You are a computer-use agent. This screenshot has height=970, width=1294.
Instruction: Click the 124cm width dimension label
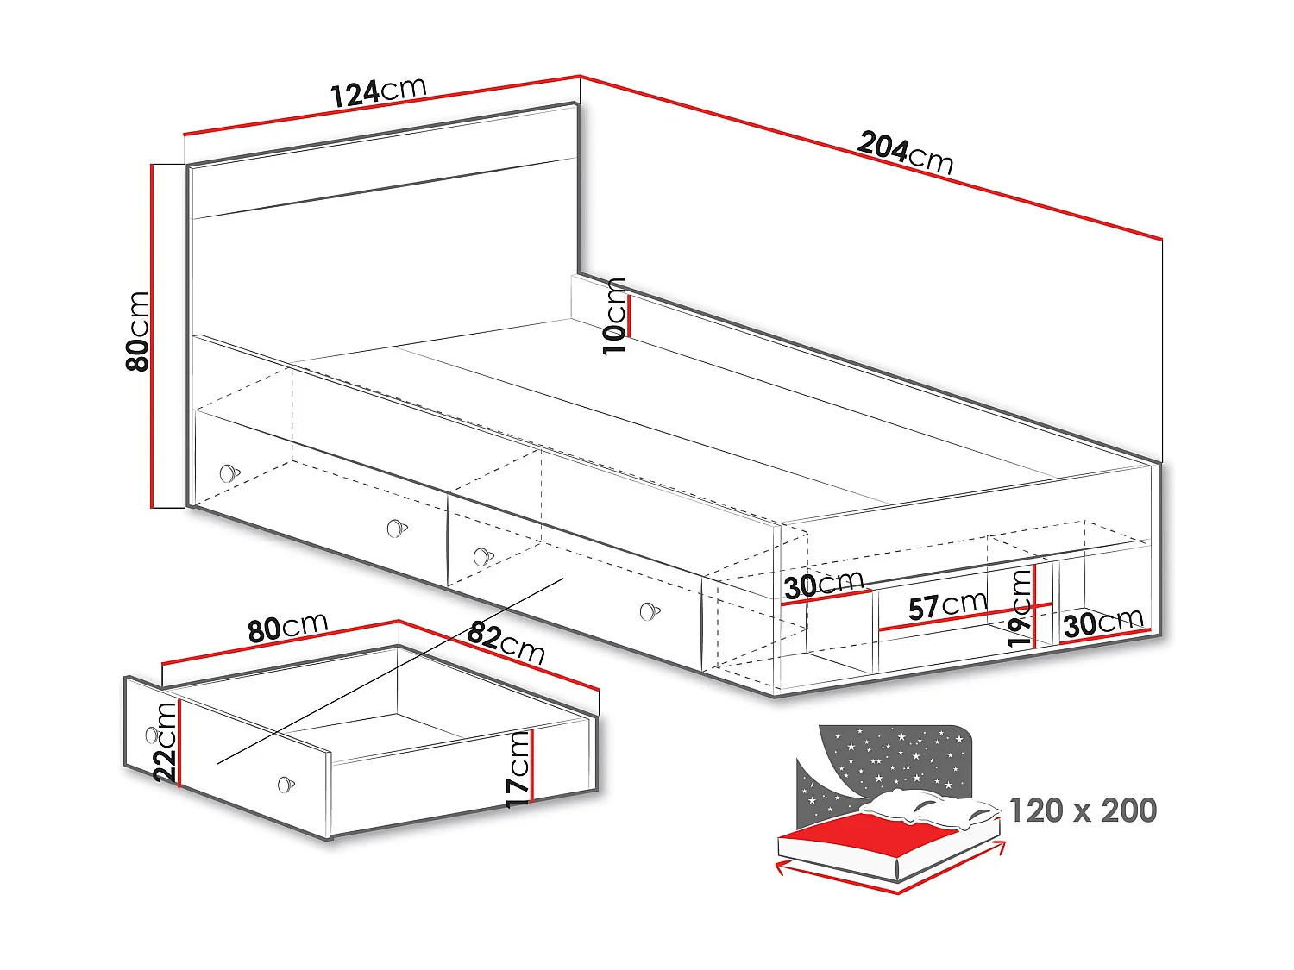379,91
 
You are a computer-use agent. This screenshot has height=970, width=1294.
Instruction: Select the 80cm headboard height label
138,331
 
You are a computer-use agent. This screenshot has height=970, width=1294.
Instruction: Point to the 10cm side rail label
614,316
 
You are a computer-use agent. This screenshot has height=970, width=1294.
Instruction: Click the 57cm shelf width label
947,605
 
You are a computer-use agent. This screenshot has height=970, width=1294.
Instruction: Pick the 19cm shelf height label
1021,609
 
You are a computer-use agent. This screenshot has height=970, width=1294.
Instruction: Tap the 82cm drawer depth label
506,643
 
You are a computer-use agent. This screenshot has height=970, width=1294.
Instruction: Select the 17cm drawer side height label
518,768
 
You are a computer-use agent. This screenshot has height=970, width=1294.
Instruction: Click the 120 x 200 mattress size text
1083,810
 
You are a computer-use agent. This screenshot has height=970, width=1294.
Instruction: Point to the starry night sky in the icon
897,759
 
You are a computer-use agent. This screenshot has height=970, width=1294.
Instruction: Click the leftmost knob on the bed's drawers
228,473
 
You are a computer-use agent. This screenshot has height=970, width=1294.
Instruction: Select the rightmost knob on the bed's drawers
650,612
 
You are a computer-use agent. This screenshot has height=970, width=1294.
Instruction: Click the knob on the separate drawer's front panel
286,785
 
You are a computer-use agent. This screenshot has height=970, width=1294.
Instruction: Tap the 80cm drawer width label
288,628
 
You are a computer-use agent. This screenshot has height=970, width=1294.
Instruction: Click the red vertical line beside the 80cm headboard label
153,336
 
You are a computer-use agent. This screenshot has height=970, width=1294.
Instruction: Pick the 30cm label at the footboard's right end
1103,623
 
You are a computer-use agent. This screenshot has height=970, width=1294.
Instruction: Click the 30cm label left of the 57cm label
823,585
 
